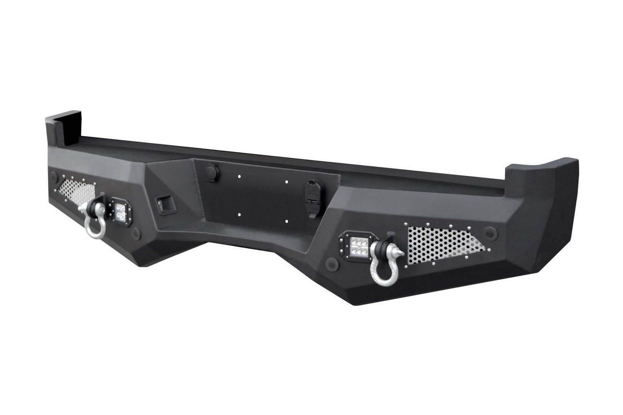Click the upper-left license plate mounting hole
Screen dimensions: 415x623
pos(239,177)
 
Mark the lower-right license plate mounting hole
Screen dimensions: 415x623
pos(286,221)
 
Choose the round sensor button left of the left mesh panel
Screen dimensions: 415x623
pos(54,178)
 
